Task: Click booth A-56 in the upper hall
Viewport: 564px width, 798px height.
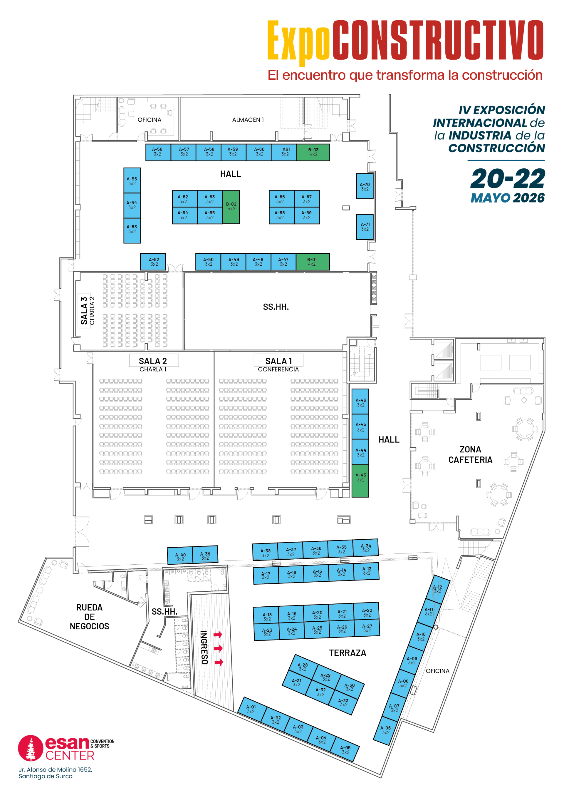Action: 158,152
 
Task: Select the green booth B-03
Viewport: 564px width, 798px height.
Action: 313,152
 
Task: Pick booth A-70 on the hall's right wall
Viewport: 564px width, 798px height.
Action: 365,187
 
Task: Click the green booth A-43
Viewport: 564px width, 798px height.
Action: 360,478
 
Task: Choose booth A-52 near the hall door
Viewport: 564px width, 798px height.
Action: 153,262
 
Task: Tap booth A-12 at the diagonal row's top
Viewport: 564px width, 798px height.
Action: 438,589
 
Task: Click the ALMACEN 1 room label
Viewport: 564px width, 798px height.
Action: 248,120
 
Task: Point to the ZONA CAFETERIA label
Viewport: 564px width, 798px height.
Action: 470,455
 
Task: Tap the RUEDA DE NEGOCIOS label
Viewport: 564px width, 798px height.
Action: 89,617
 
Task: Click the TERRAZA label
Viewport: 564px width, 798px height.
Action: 348,653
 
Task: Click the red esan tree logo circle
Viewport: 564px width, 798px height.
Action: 31,748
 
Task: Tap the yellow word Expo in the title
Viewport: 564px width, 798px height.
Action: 298,41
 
